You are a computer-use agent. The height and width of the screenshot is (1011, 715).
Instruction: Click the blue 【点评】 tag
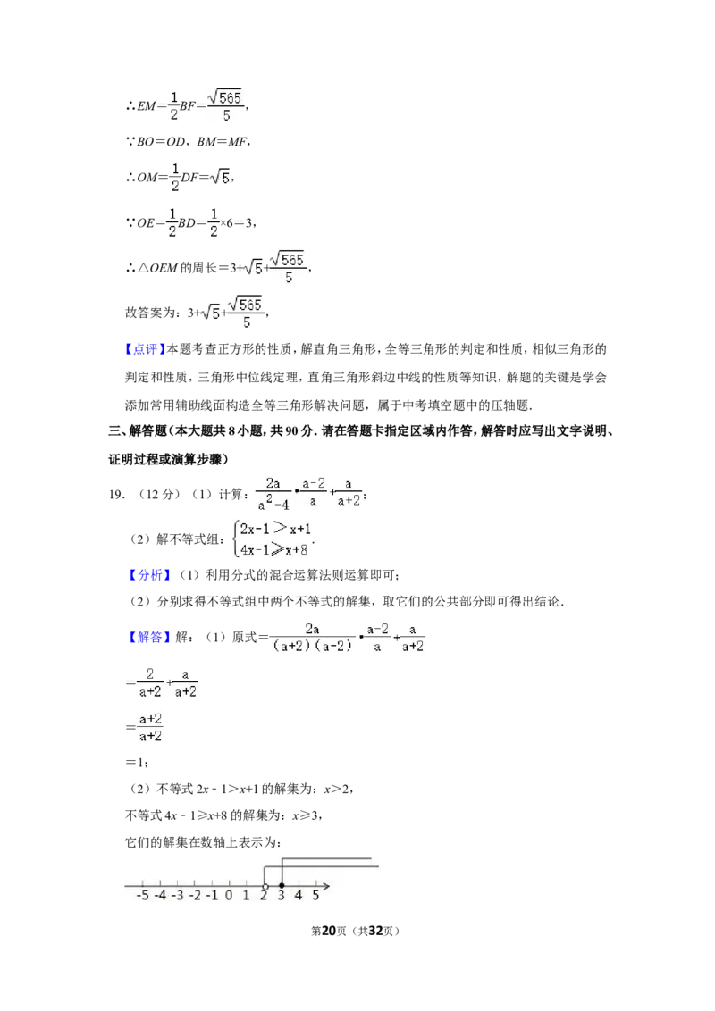[x=145, y=349]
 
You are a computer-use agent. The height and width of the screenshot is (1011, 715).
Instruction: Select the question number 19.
[x=116, y=495]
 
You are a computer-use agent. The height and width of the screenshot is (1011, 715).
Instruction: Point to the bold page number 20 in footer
[x=329, y=931]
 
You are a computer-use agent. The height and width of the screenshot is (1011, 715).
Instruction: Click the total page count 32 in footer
[x=376, y=931]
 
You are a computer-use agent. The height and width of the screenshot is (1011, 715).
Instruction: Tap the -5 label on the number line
[x=143, y=895]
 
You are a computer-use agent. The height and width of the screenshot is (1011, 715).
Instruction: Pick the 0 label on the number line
[x=229, y=895]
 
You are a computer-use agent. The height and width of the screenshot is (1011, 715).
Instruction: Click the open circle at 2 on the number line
[x=265, y=887]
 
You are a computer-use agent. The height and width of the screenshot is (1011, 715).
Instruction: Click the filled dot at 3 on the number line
[x=282, y=886]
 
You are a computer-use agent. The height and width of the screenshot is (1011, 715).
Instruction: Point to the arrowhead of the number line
[x=327, y=887]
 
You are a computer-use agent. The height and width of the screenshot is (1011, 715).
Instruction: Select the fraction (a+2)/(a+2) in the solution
[x=150, y=727]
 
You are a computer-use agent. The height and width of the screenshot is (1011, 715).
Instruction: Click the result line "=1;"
[x=137, y=763]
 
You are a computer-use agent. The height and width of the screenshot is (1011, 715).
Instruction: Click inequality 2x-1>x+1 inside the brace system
[x=275, y=529]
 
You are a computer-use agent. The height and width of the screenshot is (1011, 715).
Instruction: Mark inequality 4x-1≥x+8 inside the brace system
[x=274, y=549]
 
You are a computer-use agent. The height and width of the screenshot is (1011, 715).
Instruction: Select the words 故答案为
[x=150, y=313]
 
